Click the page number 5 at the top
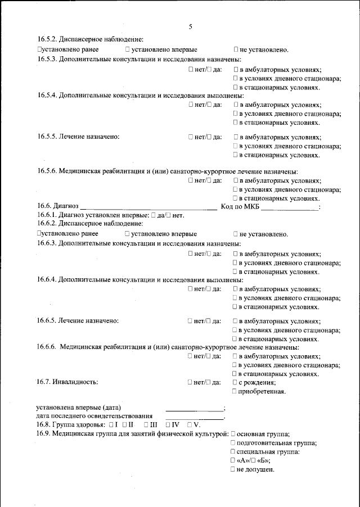pyautogui.click(x=191, y=26)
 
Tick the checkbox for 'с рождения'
pyautogui.click(x=235, y=382)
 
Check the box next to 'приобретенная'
pyautogui.click(x=235, y=391)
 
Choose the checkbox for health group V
pyautogui.click(x=190, y=424)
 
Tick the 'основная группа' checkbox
pyautogui.click(x=233, y=434)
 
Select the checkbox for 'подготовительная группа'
pyautogui.click(x=233, y=443)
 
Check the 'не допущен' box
pyautogui.click(x=233, y=469)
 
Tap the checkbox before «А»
pyautogui.click(x=233, y=460)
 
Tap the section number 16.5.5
pyautogui.click(x=47, y=137)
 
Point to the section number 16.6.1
pyautogui.click(x=47, y=215)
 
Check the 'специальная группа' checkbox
pyautogui.click(x=233, y=452)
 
